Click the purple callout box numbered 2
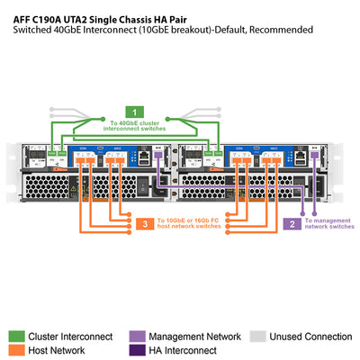[x=292, y=223]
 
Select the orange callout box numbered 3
[x=144, y=223]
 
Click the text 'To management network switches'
[x=328, y=223]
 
